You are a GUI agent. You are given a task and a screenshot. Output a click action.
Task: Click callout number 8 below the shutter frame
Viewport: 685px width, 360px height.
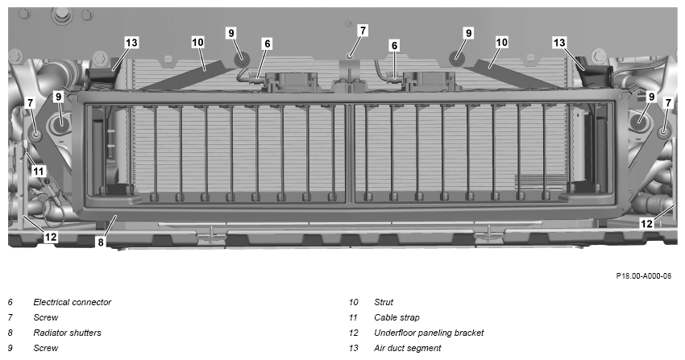101,242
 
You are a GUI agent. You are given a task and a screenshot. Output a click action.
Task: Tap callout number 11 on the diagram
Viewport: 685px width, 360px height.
39,171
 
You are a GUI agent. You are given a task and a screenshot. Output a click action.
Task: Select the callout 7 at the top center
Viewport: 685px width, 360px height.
362,31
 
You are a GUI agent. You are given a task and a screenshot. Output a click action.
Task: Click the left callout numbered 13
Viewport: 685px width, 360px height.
131,43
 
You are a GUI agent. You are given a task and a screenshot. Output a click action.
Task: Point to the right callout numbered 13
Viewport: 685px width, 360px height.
559,43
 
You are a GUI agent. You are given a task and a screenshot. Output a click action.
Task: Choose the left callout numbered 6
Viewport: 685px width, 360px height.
268,43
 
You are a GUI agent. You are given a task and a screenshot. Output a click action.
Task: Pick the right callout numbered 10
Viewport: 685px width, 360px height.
501,43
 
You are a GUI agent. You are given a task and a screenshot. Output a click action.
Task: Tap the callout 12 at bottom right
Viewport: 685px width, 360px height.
646,224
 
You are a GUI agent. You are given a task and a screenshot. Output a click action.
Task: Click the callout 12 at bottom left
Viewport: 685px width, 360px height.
51,237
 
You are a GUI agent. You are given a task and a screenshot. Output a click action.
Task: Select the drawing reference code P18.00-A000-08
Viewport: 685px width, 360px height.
644,275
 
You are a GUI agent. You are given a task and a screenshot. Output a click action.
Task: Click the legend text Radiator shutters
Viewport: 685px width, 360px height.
67,333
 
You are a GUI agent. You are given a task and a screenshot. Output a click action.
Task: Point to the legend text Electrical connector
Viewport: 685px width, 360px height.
72,302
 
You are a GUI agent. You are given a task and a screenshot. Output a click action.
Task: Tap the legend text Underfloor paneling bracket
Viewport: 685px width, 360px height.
429,333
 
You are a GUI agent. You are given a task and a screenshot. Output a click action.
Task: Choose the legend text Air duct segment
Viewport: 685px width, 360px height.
407,348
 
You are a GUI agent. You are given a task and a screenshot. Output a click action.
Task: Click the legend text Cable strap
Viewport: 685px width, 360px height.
396,317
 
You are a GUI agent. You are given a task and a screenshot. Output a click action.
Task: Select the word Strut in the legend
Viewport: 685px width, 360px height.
384,302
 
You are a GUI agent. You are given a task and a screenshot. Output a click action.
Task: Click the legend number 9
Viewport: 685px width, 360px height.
10,348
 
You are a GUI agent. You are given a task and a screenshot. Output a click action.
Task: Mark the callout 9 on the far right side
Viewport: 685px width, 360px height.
651,97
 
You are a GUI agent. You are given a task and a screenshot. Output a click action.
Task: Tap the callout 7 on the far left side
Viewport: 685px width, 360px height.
30,103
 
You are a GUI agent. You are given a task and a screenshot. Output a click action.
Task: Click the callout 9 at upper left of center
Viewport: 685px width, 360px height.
231,33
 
